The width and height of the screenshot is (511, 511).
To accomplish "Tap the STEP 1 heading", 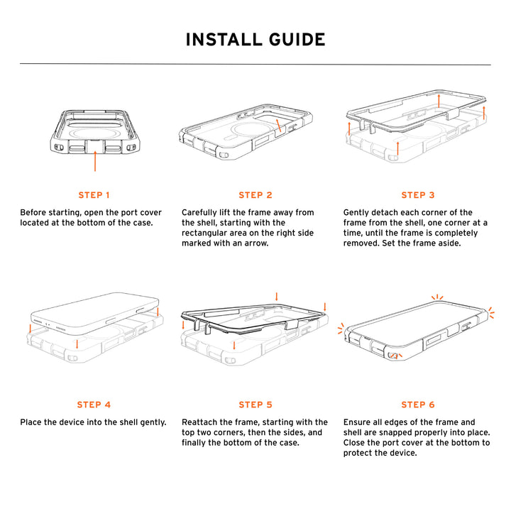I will point(94,195).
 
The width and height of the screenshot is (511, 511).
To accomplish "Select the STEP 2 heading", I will point(255,195).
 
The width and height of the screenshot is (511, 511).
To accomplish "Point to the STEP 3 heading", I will point(418,195).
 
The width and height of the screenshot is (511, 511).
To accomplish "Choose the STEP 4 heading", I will point(94,405).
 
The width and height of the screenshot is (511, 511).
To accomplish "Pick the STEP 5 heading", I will point(255,405).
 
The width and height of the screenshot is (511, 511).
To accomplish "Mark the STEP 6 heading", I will point(418,405).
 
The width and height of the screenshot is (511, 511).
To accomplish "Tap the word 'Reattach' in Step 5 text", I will point(201,422).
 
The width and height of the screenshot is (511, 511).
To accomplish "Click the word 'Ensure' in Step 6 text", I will point(358,422).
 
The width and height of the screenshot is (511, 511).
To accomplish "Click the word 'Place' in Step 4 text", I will point(32,422).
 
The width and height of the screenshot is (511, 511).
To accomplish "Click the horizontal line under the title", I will point(255,65).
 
